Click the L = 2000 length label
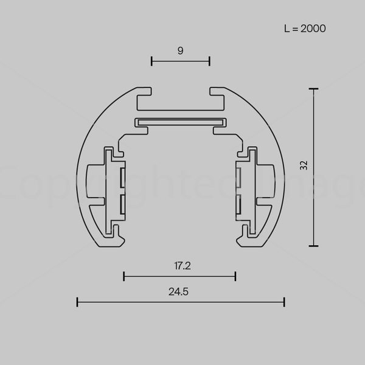coord(305,29)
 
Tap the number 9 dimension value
coord(181,50)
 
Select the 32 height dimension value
coord(304,165)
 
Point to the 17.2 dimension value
coord(182,266)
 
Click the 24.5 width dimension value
coord(178,291)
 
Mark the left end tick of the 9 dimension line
coord(151,61)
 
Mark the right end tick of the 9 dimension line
coord(209,61)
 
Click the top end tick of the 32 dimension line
coord(313,89)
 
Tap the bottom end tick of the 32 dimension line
coord(313,246)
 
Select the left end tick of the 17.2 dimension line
coord(124,276)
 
